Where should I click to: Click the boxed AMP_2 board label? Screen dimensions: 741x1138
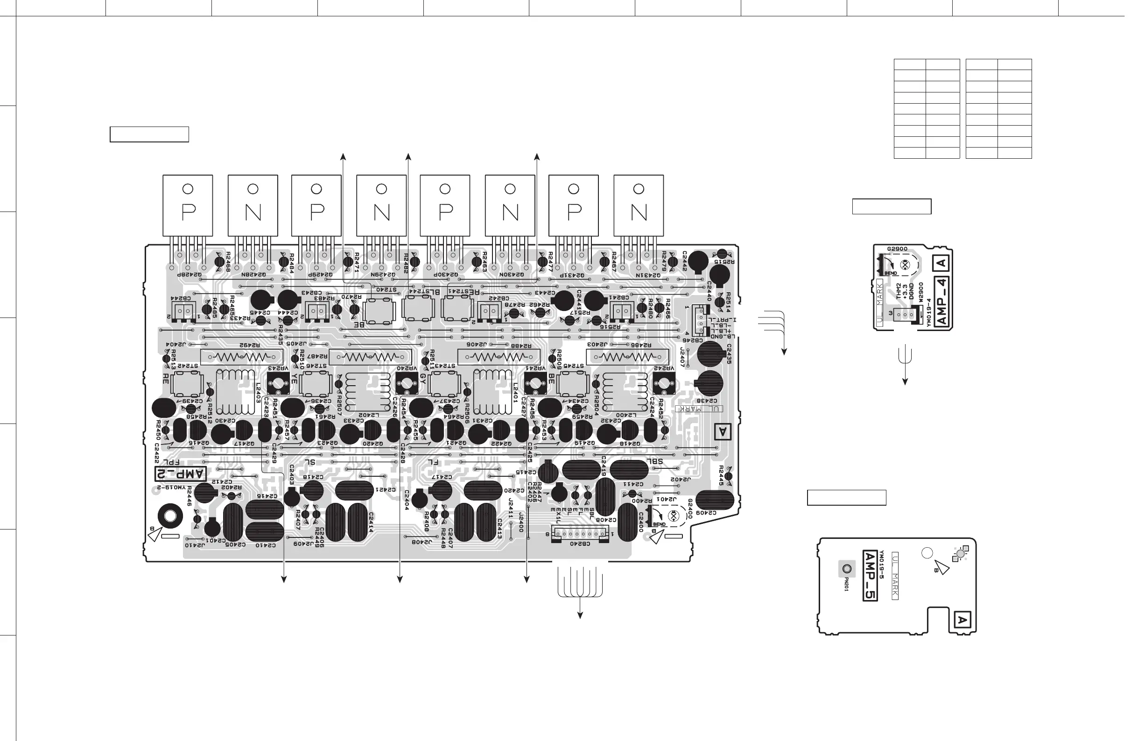tap(181, 474)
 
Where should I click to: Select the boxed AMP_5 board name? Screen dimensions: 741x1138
tap(870, 576)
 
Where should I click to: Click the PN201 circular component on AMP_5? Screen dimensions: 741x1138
tap(847, 569)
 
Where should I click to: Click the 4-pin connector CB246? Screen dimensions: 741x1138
tap(701, 320)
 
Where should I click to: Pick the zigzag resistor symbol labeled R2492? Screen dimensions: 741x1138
tap(241, 357)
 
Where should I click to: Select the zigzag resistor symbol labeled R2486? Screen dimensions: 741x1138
tap(627, 357)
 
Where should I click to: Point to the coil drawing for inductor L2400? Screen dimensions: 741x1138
tap(625, 392)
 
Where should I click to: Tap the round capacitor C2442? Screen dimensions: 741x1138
tap(699, 261)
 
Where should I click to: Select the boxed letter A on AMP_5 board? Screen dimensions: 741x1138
tap(962, 621)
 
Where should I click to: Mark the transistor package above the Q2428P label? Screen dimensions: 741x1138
tap(188, 205)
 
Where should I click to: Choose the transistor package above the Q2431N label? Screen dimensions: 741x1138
tap(639, 205)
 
